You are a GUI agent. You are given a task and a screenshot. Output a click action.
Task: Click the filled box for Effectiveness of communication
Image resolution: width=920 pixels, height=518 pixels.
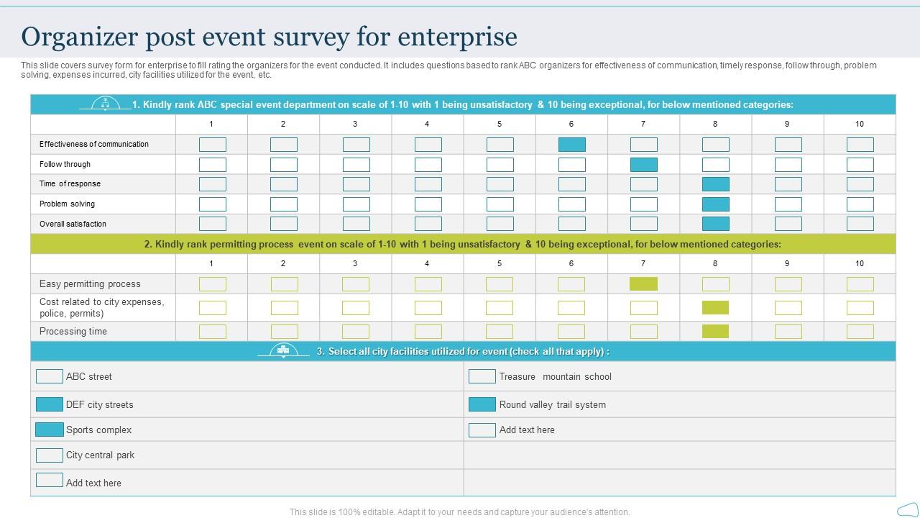pyautogui.click(x=571, y=145)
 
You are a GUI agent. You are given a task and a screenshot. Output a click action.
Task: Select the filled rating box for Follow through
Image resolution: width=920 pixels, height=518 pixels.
pyautogui.click(x=643, y=165)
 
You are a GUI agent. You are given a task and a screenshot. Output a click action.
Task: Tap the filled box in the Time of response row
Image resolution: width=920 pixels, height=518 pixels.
pyautogui.click(x=715, y=184)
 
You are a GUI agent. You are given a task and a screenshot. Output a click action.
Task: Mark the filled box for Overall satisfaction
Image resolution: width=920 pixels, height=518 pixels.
pyautogui.click(x=715, y=224)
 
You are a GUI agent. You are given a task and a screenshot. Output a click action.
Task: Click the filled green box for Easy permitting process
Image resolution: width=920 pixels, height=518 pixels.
pyautogui.click(x=643, y=284)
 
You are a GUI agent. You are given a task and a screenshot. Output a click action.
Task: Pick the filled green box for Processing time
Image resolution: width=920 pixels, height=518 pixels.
pyautogui.click(x=715, y=332)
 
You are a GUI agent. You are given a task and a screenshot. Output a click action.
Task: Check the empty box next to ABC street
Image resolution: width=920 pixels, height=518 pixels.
pyautogui.click(x=50, y=376)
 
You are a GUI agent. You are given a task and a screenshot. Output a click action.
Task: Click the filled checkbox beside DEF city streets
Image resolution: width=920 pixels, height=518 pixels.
pyautogui.click(x=50, y=404)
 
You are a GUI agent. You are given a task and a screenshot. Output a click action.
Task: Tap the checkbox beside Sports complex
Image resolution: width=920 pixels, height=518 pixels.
pyautogui.click(x=50, y=430)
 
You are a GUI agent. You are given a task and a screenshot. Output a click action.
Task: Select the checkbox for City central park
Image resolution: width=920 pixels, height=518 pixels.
pyautogui.click(x=50, y=455)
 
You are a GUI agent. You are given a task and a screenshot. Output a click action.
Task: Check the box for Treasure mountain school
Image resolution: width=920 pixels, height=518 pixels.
pyautogui.click(x=482, y=376)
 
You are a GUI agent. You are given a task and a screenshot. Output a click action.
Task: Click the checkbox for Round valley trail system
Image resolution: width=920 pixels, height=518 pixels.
pyautogui.click(x=482, y=404)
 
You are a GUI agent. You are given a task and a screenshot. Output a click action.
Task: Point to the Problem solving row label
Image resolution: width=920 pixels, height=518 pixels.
pyautogui.click(x=67, y=204)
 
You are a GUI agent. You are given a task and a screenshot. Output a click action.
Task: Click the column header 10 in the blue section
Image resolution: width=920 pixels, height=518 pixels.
pyautogui.click(x=859, y=124)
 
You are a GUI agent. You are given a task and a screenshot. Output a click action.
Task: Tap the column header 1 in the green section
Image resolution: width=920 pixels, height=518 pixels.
pyautogui.click(x=211, y=263)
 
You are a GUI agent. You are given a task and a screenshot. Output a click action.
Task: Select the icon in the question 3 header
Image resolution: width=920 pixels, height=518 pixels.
pyautogui.click(x=283, y=351)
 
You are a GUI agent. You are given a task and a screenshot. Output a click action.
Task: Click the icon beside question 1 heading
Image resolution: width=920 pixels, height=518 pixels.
pyautogui.click(x=106, y=104)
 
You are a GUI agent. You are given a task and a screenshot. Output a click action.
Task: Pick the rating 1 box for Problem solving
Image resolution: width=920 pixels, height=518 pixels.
pyautogui.click(x=212, y=204)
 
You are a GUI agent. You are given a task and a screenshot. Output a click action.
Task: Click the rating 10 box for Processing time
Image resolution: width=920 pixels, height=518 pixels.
pyautogui.click(x=860, y=332)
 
